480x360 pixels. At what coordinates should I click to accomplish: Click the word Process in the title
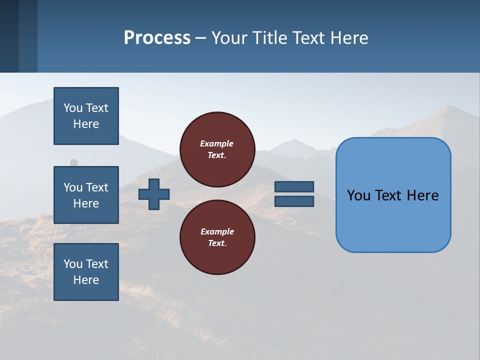tap(157, 38)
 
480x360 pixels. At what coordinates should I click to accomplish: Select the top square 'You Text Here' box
tap(86, 116)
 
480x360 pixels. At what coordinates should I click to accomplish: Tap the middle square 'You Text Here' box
tap(86, 195)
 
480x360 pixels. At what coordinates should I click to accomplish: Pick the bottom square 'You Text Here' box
tap(86, 272)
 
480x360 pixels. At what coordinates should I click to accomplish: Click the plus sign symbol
tap(154, 194)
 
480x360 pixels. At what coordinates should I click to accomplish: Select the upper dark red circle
tap(217, 149)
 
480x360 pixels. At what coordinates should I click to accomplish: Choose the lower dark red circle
tap(217, 237)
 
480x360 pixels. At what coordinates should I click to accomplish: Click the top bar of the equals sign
tap(294, 187)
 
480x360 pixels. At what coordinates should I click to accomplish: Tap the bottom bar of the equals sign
tap(294, 201)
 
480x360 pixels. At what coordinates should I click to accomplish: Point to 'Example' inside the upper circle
tap(216, 143)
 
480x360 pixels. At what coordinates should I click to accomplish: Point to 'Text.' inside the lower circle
tap(217, 243)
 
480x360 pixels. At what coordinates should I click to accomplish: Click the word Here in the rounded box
tap(422, 195)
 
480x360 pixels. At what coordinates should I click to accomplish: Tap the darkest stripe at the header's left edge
tap(9, 36)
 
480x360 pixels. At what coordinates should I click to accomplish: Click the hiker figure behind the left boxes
tap(73, 163)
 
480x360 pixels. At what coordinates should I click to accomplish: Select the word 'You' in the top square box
tap(73, 108)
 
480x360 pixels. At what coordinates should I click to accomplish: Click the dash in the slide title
tap(201, 38)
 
